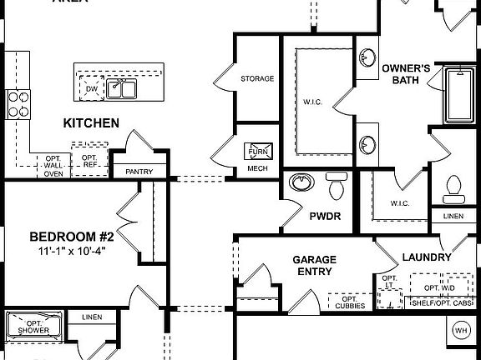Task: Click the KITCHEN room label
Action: (x=91, y=123)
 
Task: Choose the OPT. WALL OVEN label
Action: (x=53, y=166)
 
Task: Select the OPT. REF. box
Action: (x=89, y=162)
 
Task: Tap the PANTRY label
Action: (x=139, y=172)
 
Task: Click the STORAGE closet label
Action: (x=257, y=79)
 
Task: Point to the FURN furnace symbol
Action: (x=257, y=152)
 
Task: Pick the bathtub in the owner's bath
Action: (x=458, y=93)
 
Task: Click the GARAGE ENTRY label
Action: (x=314, y=266)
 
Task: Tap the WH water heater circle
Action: (x=461, y=330)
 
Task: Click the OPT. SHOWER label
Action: (x=33, y=327)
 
